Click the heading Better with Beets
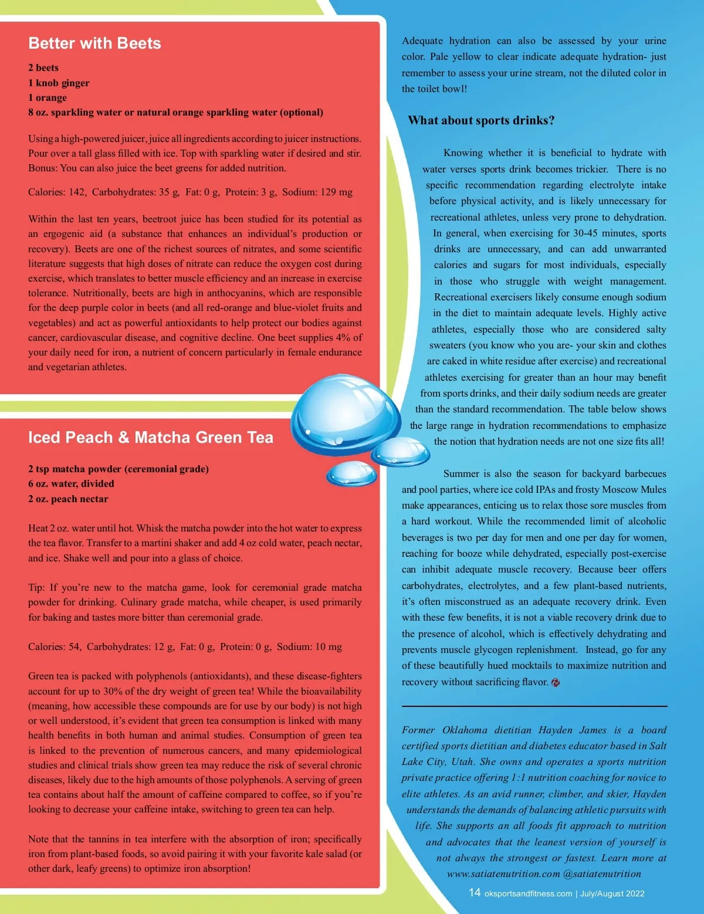click(94, 43)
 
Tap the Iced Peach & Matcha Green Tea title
click(150, 438)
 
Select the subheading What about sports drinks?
click(481, 121)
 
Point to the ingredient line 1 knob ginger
click(59, 83)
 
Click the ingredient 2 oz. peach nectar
click(68, 499)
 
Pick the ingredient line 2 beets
click(43, 68)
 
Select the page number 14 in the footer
click(474, 892)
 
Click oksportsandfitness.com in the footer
click(528, 893)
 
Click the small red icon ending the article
click(556, 682)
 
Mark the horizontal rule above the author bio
click(534, 706)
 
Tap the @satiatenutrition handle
click(602, 874)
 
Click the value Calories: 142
click(57, 192)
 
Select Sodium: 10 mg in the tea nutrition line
click(309, 647)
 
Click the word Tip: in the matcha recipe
click(36, 588)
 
